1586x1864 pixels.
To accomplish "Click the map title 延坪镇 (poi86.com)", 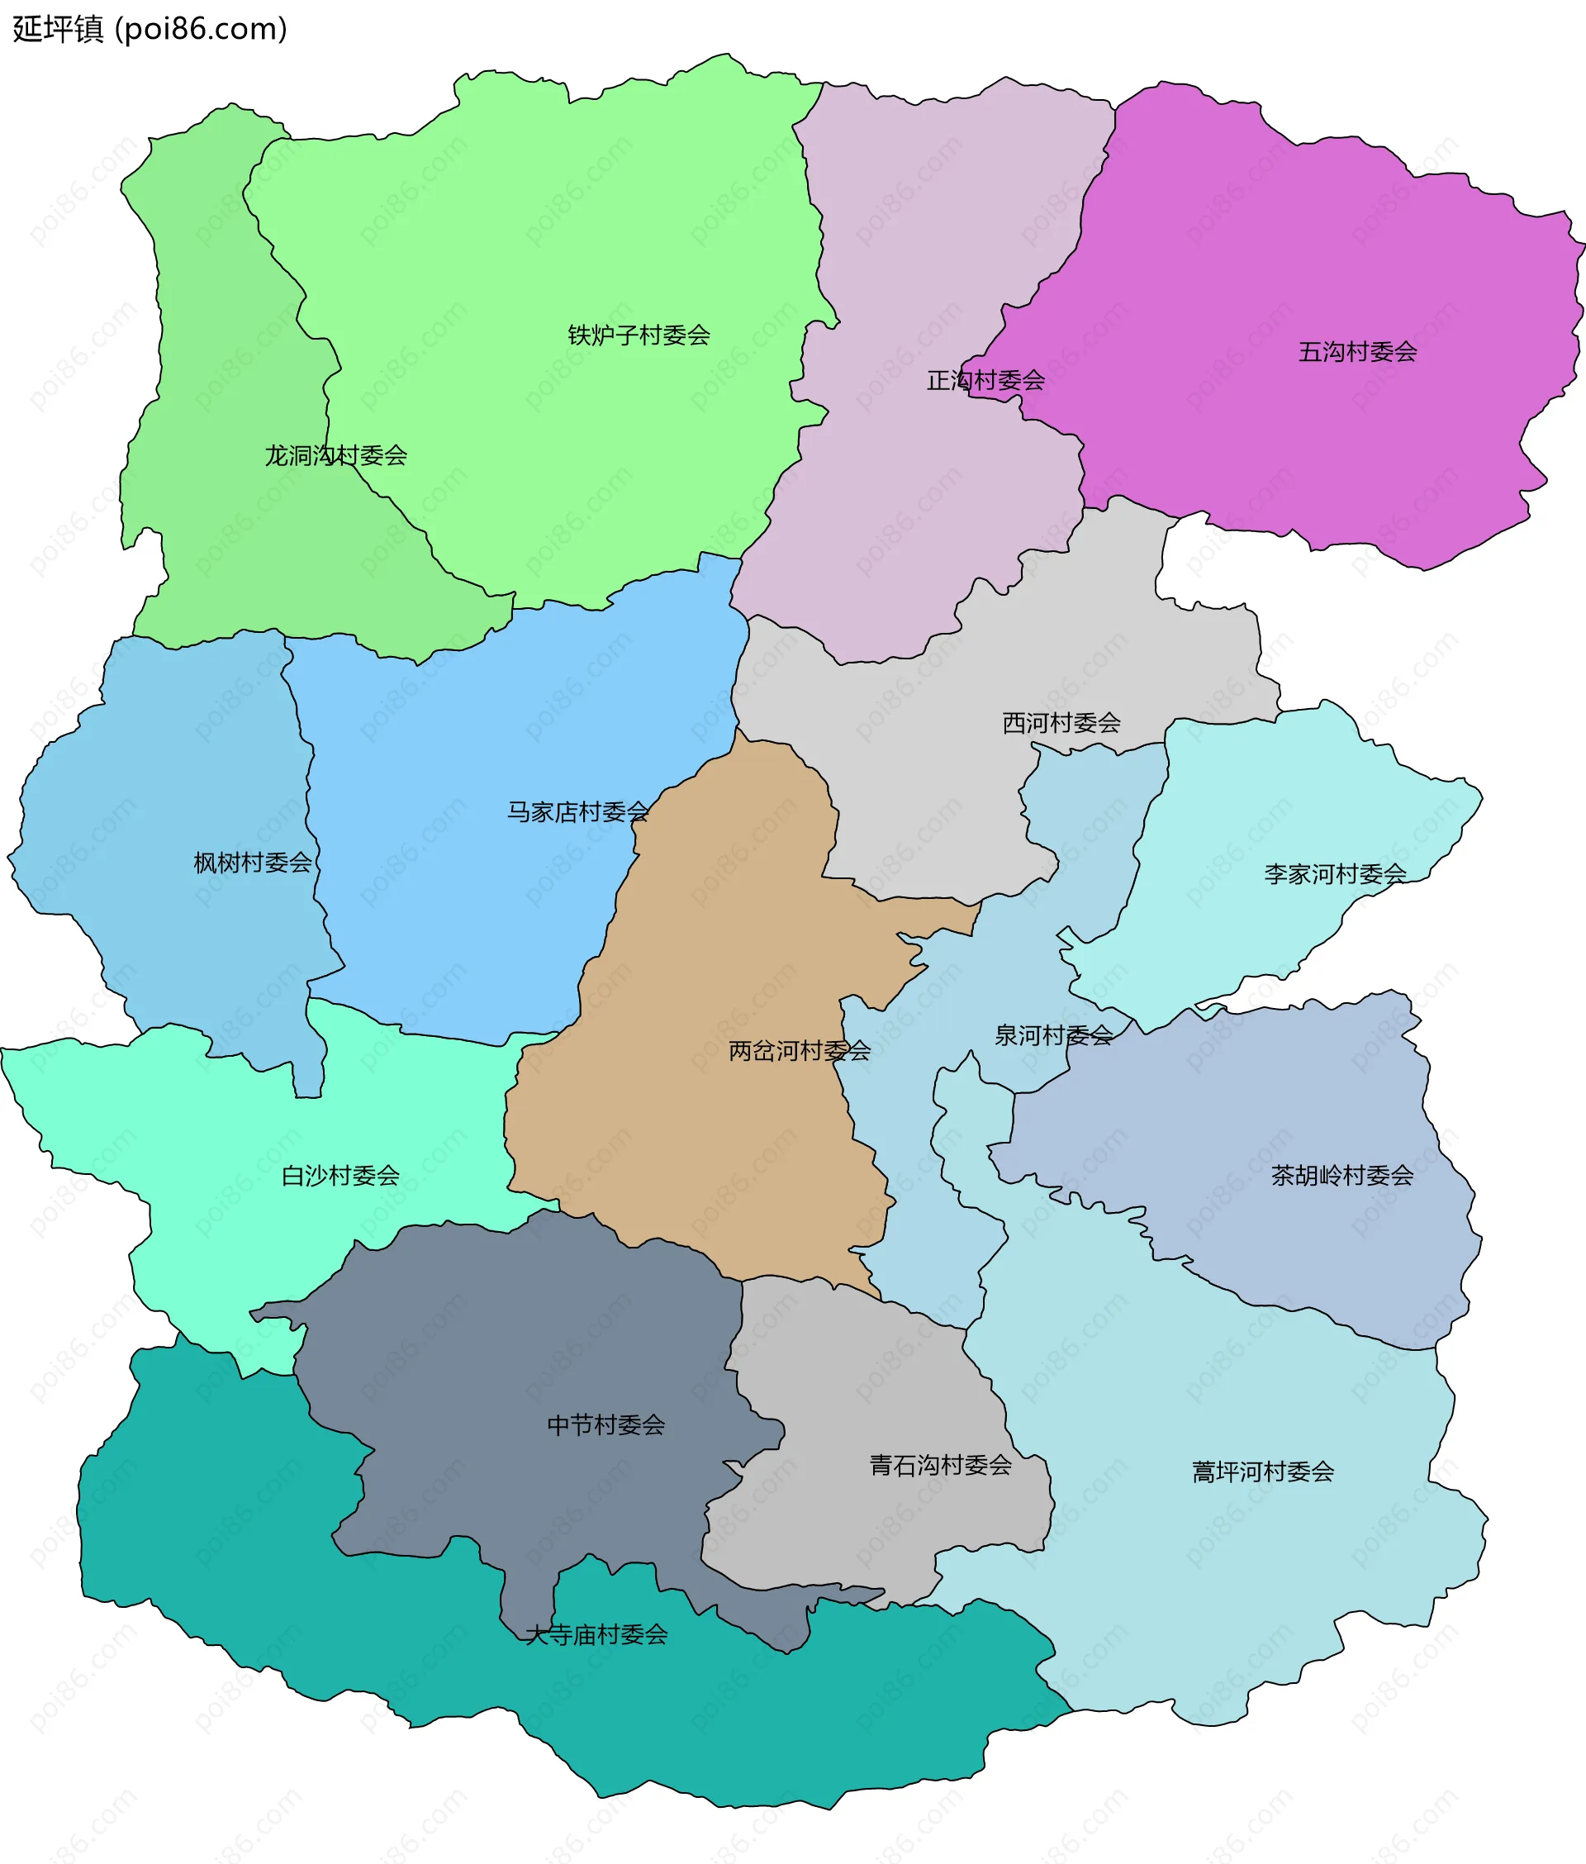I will click(150, 29).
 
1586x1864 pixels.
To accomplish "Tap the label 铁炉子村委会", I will click(639, 335).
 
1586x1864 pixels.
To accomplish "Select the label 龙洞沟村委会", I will click(335, 456).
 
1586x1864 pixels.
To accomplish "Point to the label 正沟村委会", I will click(985, 380).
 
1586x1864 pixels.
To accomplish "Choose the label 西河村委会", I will click(1061, 723).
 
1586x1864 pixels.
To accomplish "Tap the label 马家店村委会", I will click(577, 812).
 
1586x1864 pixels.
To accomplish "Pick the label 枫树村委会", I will click(253, 863).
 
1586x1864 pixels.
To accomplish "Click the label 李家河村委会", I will click(1335, 874).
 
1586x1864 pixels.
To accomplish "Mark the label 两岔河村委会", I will click(800, 1050).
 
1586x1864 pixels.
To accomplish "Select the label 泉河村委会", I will click(1053, 1036).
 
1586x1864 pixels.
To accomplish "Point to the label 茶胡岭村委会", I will click(1341, 1175).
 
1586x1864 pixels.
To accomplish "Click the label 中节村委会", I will click(606, 1425).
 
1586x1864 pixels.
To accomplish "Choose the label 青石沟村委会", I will click(941, 1466).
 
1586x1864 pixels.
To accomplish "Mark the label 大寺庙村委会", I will click(596, 1634).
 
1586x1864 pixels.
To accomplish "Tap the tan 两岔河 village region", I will click(719, 944).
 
